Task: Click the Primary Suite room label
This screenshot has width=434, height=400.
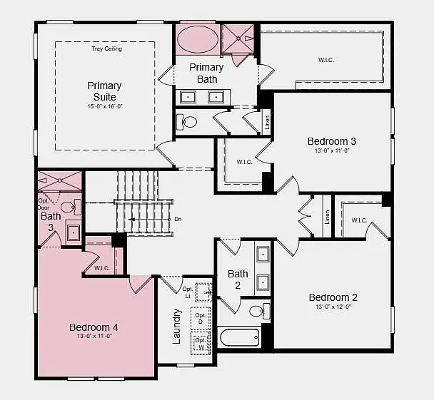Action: click(x=104, y=91)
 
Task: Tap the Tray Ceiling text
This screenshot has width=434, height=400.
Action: click(x=106, y=49)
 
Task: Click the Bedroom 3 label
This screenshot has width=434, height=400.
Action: click(x=331, y=141)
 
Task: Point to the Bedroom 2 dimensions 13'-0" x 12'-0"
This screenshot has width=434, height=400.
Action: click(x=332, y=307)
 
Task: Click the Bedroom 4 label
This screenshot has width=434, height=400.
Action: click(x=94, y=327)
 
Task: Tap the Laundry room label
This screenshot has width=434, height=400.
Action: click(x=177, y=326)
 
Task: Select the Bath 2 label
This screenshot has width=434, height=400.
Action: click(x=238, y=280)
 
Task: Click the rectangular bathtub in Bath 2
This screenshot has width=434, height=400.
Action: click(x=240, y=337)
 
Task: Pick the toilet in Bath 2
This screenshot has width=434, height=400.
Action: click(x=257, y=311)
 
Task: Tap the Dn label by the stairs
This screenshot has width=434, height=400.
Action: click(x=178, y=219)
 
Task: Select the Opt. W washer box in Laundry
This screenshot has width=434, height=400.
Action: click(x=201, y=342)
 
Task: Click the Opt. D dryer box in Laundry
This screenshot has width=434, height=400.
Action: click(x=201, y=318)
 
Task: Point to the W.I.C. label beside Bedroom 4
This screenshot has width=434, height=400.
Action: click(x=101, y=268)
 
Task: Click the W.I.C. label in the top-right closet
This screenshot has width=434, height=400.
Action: click(x=326, y=60)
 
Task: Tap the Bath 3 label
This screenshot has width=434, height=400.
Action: click(x=51, y=221)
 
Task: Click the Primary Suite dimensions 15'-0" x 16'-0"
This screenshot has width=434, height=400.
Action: click(x=104, y=107)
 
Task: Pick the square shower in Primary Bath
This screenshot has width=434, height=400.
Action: click(x=238, y=39)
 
